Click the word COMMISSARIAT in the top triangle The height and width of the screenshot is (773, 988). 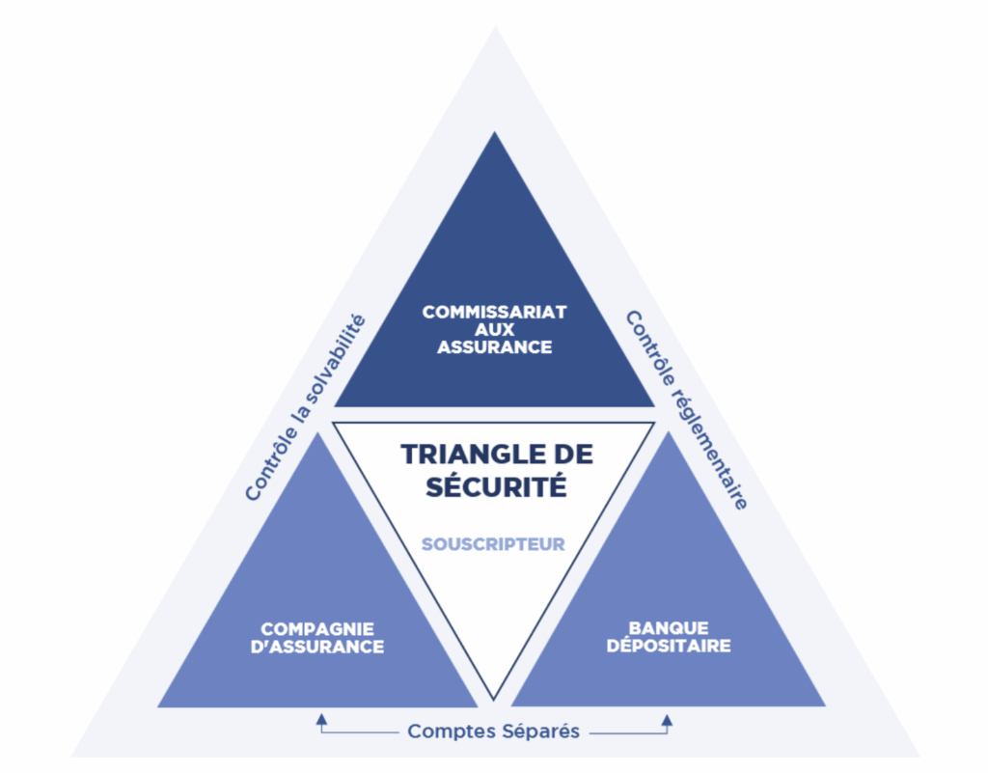point(495,312)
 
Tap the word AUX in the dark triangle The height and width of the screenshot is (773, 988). point(495,329)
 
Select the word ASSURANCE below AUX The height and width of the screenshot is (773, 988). point(495,347)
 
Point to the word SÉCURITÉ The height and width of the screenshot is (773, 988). point(496,485)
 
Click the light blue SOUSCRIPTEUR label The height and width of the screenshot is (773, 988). point(493,544)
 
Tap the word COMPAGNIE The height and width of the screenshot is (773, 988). point(317,629)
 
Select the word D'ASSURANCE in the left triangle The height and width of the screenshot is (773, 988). point(317,647)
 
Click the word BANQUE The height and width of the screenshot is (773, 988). point(669,628)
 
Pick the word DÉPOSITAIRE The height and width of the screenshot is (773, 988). point(669,646)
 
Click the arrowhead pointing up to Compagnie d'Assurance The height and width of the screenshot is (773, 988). point(322,719)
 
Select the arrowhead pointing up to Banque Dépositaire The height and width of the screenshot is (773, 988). point(668,720)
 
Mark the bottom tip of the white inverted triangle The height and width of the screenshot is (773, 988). point(494,700)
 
